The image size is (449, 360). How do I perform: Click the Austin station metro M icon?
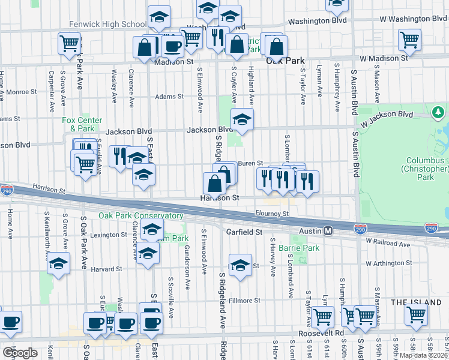pos(328,231)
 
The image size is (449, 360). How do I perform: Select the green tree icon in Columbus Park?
pos(438,112)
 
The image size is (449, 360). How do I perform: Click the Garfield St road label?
pos(244,232)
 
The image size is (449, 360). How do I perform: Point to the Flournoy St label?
pos(272,213)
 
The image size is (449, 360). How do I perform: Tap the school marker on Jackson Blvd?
pos(242,119)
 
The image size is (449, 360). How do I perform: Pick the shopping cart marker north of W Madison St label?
pos(409,40)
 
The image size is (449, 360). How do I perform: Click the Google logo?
pos(20,352)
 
